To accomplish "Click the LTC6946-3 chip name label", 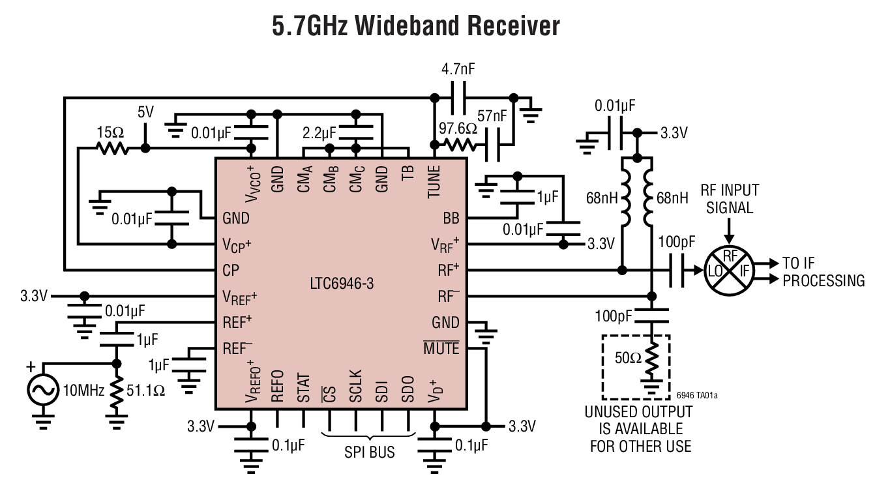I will tap(342, 284).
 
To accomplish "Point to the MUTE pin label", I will tap(441, 349).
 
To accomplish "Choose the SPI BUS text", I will tap(369, 451).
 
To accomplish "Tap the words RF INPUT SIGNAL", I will tap(730, 199).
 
